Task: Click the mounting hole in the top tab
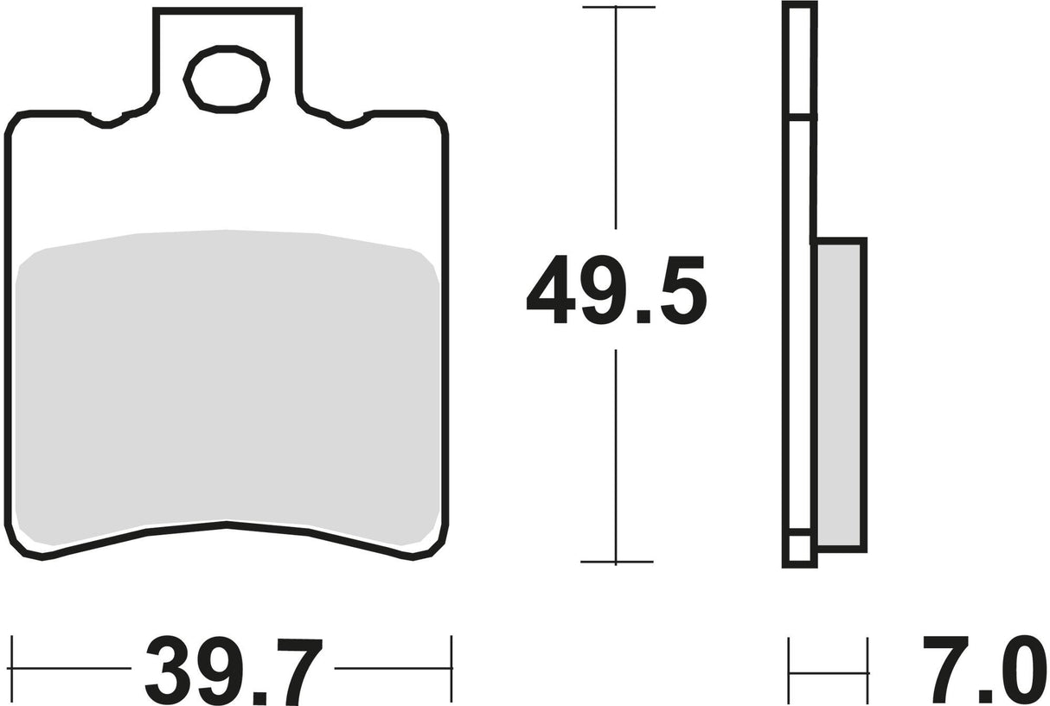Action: [227, 80]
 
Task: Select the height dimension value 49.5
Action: [616, 289]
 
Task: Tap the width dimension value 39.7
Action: [234, 669]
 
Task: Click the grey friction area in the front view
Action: [227, 380]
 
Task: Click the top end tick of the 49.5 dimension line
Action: [617, 8]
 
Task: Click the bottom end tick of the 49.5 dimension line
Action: [616, 562]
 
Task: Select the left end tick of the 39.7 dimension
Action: [13, 668]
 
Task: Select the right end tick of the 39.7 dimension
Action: [451, 668]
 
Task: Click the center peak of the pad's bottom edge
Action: [227, 524]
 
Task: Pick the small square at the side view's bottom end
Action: [799, 550]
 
